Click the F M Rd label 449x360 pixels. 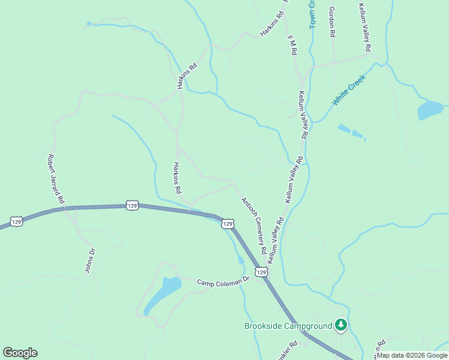pyautogui.click(x=292, y=46)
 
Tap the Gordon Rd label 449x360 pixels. pyautogui.click(x=331, y=22)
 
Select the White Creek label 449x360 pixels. pyautogui.click(x=349, y=90)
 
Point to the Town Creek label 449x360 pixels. pyautogui.click(x=312, y=12)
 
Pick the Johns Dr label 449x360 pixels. pyautogui.click(x=89, y=261)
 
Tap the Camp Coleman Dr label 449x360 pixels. pyautogui.click(x=223, y=281)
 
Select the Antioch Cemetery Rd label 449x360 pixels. pyautogui.click(x=253, y=225)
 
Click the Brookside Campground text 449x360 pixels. pyautogui.click(x=288, y=326)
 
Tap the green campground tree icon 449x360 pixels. pyautogui.click(x=342, y=325)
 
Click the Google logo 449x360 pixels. pyautogui.click(x=20, y=353)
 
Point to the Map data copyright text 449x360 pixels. pyautogui.click(x=412, y=355)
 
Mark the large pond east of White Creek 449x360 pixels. pyautogui.click(x=430, y=110)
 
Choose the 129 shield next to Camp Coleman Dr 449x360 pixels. pyautogui.click(x=261, y=273)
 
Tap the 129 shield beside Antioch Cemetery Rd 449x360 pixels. pyautogui.click(x=228, y=224)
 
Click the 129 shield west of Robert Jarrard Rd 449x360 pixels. pyautogui.click(x=17, y=221)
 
